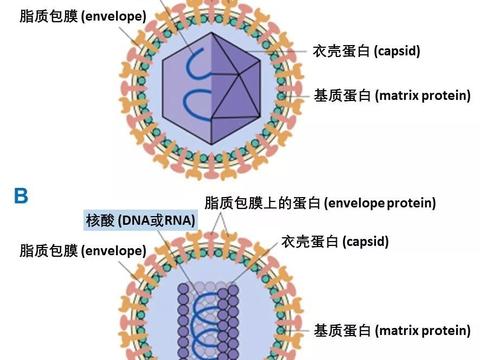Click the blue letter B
pos(21,196)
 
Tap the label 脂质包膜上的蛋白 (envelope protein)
pos(320,203)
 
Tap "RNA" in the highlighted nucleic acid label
pos(176,219)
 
